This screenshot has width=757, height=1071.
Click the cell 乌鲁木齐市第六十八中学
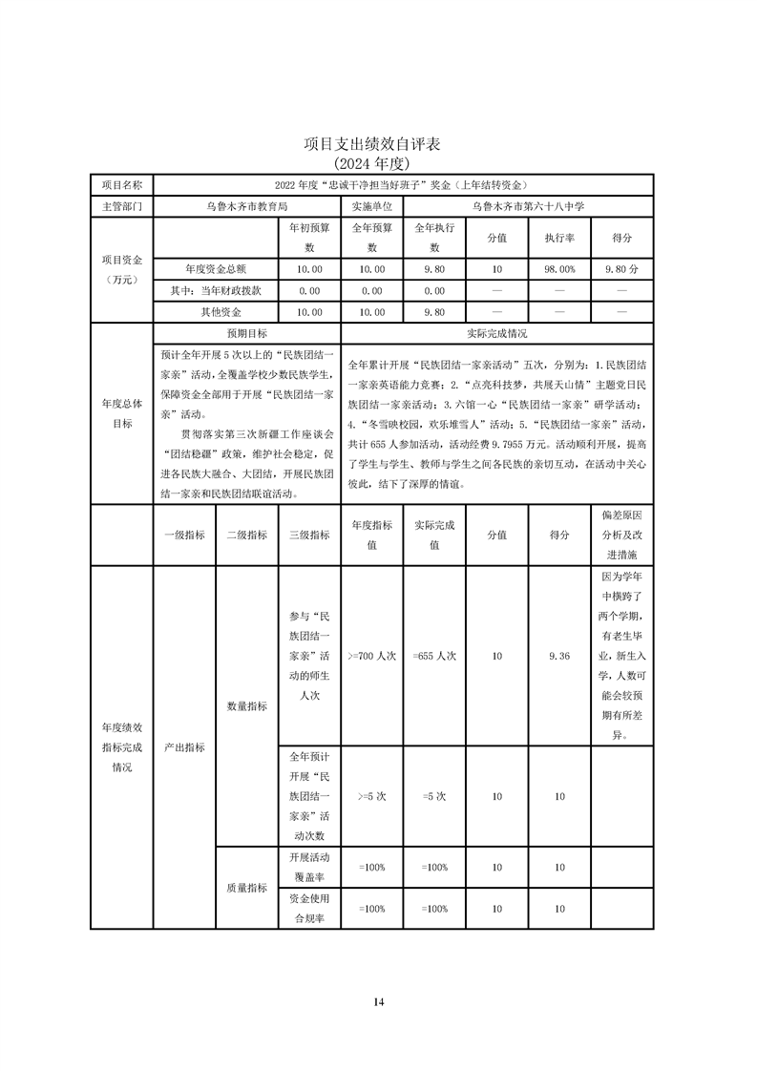tap(528, 205)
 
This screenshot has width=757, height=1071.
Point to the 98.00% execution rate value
tap(559, 270)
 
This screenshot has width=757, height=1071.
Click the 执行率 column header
tap(559, 238)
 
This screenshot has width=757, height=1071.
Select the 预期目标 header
tap(246, 334)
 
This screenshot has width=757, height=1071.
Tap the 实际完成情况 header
tap(496, 334)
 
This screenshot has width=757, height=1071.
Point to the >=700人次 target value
tap(371, 656)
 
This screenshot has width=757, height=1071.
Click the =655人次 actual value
tap(434, 656)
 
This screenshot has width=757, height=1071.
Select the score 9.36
tap(559, 656)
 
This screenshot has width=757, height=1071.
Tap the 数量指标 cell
tap(246, 706)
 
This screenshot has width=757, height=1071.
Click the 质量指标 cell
tap(246, 888)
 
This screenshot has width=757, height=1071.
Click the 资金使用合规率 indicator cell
tap(308, 909)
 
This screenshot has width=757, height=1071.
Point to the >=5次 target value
tap(371, 795)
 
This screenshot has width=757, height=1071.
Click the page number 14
tap(379, 1001)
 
